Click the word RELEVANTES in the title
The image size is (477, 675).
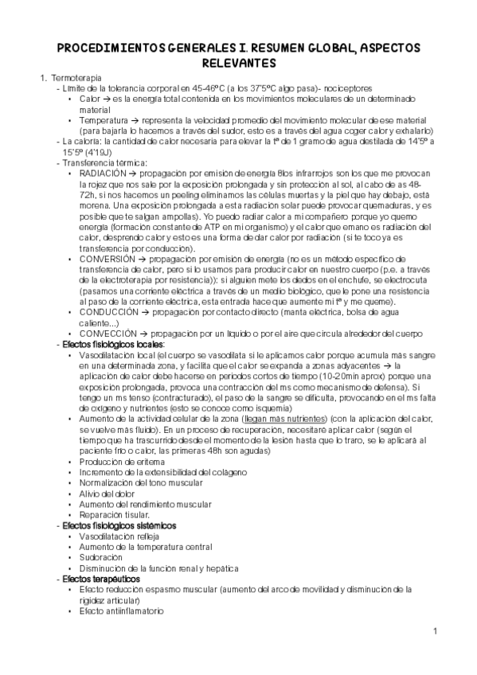(238, 62)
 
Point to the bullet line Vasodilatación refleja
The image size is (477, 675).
(116, 536)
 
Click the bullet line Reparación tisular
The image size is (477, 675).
(114, 515)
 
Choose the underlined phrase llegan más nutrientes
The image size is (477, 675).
(287, 418)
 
